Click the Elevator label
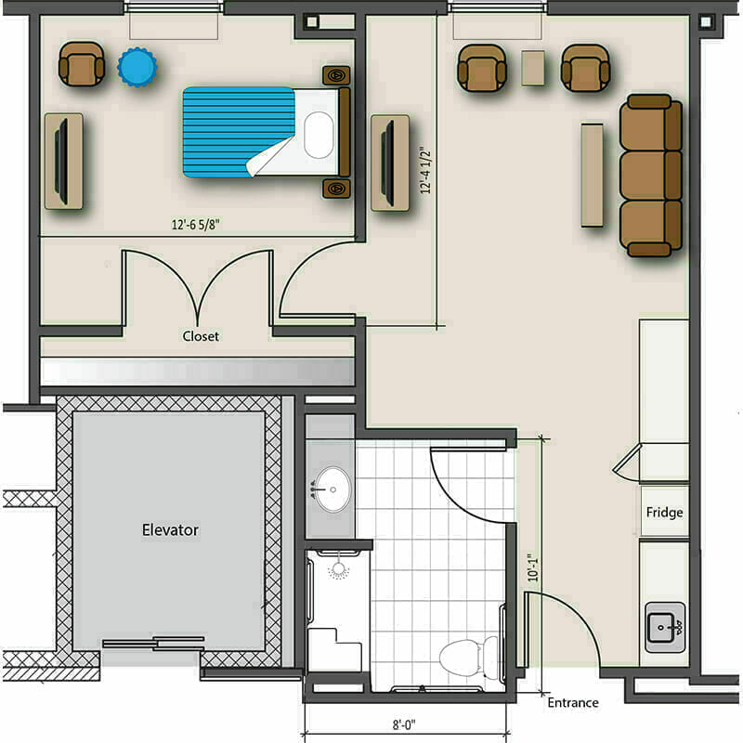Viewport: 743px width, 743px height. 170,529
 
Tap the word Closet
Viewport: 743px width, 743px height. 201,336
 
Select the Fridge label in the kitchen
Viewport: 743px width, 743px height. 664,513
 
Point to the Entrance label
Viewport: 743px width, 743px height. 573,702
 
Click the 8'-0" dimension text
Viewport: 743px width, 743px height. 404,724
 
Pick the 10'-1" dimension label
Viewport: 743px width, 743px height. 533,568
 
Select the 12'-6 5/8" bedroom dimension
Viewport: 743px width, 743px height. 196,224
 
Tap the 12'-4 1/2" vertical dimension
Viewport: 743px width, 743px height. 425,170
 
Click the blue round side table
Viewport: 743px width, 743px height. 137,67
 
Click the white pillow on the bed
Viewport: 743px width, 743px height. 319,135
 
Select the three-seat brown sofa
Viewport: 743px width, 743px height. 651,176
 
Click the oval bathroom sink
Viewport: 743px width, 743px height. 333,489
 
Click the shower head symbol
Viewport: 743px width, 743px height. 338,569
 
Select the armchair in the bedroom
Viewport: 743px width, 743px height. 81,64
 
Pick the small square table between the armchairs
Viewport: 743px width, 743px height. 533,68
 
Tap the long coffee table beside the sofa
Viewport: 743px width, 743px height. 593,176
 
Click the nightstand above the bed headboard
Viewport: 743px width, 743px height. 336,75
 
